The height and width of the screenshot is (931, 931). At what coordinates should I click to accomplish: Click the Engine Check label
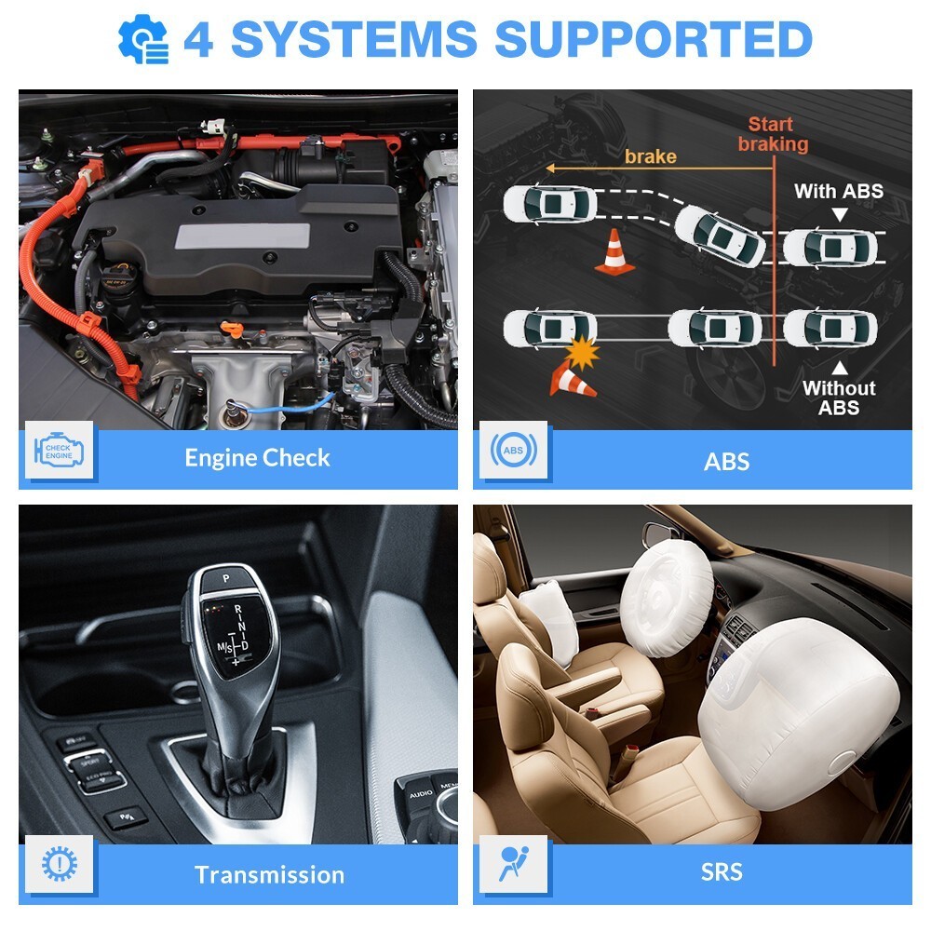[257, 458]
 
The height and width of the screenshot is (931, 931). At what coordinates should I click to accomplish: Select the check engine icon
[58, 452]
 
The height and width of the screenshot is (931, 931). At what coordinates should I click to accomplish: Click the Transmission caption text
[269, 874]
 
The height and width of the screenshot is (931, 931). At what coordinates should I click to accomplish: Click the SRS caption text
[723, 872]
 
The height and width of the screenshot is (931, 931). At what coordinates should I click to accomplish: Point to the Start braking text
[773, 134]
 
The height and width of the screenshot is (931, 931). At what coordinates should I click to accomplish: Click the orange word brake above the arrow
[650, 155]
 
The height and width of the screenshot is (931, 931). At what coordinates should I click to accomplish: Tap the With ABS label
[838, 192]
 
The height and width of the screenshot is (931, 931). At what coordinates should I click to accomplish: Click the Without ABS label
[839, 398]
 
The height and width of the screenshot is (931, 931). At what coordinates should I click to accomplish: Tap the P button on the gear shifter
[224, 578]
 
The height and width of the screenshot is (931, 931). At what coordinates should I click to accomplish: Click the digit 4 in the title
[197, 39]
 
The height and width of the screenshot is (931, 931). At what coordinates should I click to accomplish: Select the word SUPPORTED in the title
[653, 39]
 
